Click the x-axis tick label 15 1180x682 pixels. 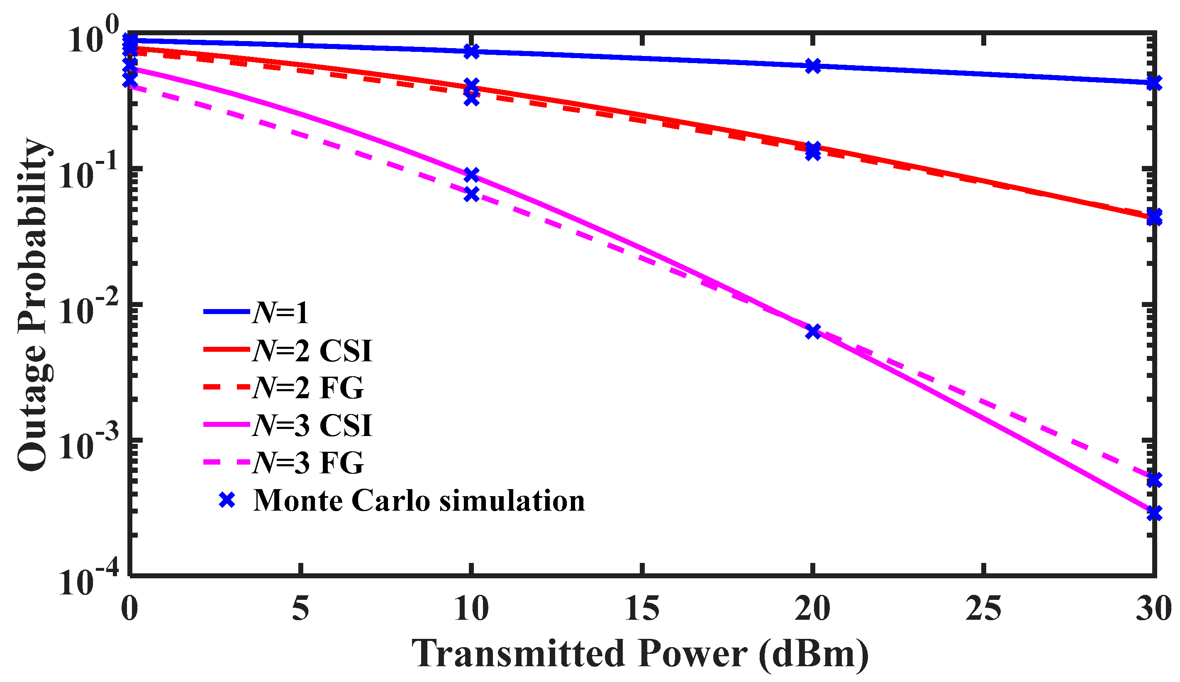tap(642, 609)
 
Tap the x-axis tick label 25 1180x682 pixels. tap(983, 609)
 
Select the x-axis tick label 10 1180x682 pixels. tap(471, 609)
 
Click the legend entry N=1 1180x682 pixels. tap(280, 312)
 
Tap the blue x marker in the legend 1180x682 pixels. tap(227, 501)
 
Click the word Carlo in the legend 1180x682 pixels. tap(390, 501)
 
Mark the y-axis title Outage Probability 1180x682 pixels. tap(33, 304)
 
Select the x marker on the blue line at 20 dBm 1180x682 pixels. tap(813, 66)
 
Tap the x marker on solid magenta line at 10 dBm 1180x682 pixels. tap(471, 175)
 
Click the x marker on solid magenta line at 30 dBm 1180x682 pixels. tap(1154, 514)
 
